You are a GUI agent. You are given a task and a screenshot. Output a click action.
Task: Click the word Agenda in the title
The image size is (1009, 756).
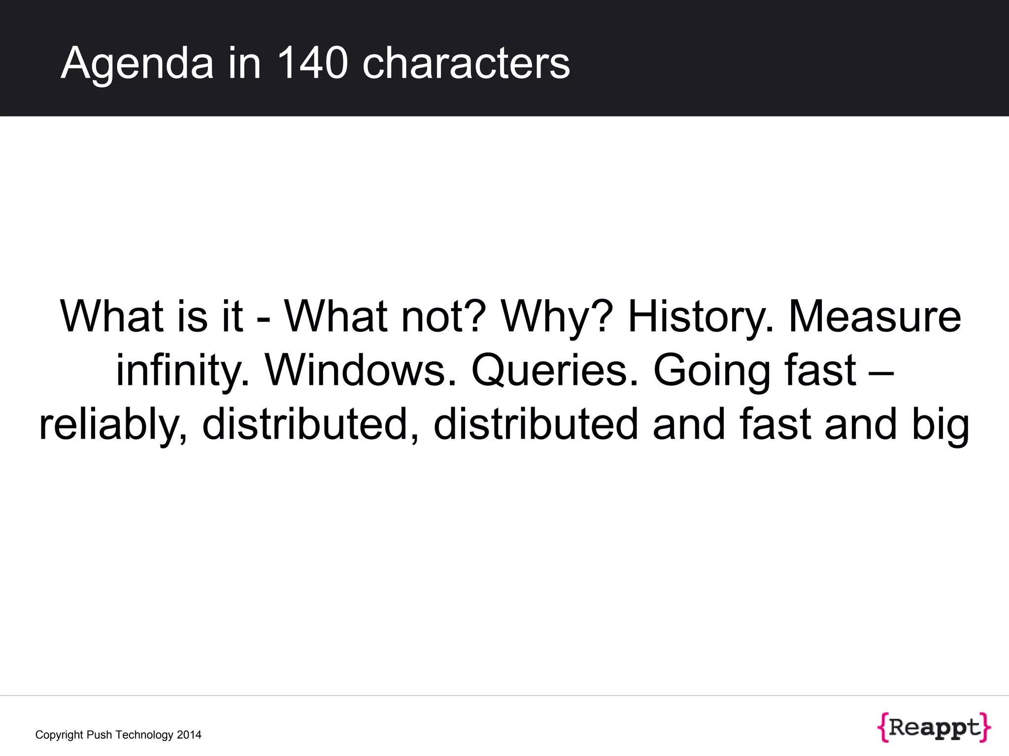[x=137, y=63]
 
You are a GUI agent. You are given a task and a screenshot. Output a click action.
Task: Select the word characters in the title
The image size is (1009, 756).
[x=466, y=63]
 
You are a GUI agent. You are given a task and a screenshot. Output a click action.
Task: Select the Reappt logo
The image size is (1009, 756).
[x=934, y=727]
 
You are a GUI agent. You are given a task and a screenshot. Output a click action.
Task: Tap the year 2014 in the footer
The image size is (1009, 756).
[x=189, y=735]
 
